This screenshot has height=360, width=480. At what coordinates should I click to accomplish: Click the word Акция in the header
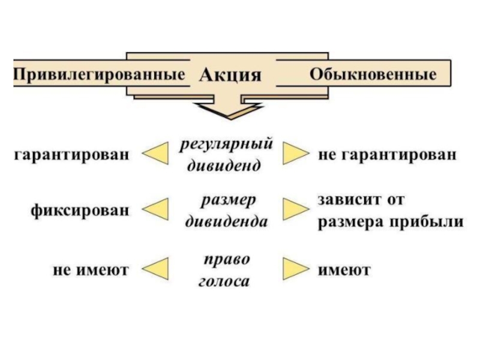tap(230, 76)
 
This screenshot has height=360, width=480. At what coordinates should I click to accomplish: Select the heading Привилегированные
tap(98, 76)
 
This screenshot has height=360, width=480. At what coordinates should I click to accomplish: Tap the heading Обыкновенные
tap(372, 76)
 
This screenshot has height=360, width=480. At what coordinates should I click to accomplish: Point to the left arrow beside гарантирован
tap(154, 155)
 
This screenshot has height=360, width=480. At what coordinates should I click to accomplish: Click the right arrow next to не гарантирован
tap(295, 154)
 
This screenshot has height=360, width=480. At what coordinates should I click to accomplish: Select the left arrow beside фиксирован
tap(154, 210)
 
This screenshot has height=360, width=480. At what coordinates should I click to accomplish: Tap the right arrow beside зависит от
tap(295, 209)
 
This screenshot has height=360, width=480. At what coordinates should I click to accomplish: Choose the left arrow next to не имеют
tap(154, 270)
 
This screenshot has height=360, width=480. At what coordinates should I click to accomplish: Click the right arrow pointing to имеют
tap(295, 269)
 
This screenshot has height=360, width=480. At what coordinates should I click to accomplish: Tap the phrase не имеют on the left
tap(91, 271)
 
